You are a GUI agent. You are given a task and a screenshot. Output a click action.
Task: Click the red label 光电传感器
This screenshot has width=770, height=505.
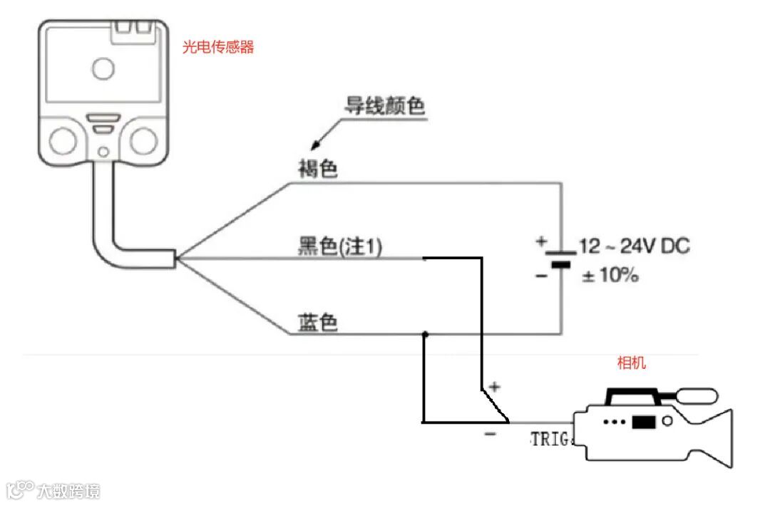218,48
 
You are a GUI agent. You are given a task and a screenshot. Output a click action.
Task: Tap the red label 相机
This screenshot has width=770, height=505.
631,363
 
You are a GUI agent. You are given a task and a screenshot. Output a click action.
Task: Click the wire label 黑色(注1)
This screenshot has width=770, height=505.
339,246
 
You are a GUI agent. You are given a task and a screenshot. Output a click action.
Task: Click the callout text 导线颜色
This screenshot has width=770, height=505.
385,107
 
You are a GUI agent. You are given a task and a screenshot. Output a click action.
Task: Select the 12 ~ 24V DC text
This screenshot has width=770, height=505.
635,246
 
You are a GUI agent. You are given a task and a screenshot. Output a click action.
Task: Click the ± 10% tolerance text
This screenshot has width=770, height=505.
610,276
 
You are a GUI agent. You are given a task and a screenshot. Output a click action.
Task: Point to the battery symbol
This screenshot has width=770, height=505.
562,258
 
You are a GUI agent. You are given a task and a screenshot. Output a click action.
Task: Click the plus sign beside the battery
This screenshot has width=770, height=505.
540,241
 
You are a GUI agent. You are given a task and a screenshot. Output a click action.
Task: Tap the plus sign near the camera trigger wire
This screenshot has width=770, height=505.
496,387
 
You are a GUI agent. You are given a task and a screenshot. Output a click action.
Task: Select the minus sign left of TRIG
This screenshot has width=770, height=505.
491,434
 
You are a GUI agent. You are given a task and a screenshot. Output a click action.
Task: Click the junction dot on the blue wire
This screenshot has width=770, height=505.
426,333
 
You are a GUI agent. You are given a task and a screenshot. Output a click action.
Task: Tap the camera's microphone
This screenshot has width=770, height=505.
696,396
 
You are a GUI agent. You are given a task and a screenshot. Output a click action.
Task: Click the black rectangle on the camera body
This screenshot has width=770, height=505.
643,422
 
